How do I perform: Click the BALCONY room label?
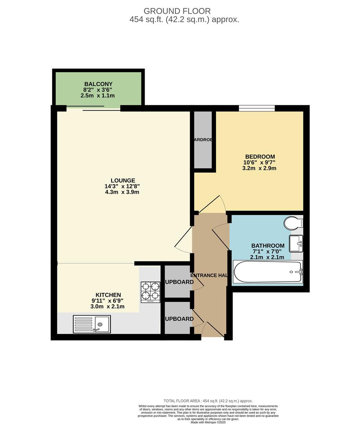(98, 84)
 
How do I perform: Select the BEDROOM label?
(260, 157)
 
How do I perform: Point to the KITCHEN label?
(108, 295)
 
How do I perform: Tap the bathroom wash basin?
(296, 244)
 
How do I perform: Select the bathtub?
(268, 272)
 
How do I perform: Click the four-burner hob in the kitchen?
(150, 292)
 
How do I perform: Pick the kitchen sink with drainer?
(92, 324)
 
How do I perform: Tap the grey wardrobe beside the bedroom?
(203, 140)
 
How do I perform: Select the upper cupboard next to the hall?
(177, 281)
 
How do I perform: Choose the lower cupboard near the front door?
(177, 318)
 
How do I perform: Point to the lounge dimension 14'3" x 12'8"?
(122, 186)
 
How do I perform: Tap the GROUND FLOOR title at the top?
(177, 11)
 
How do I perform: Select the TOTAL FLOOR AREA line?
(208, 401)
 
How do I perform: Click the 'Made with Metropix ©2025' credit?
(208, 422)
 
